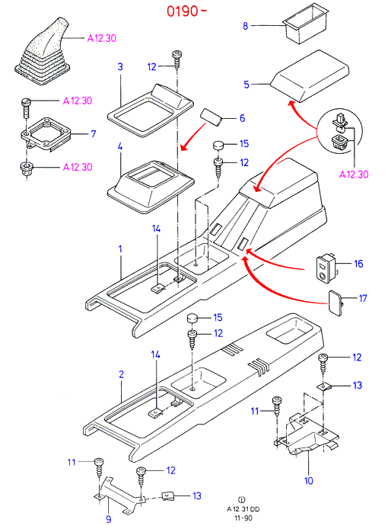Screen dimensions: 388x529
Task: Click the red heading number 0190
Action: (x=183, y=11)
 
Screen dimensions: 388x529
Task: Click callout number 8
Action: (x=245, y=26)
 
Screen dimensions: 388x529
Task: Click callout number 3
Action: (x=120, y=66)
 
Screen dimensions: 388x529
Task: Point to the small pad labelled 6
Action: (x=211, y=117)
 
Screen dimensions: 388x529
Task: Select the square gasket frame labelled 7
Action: (x=47, y=134)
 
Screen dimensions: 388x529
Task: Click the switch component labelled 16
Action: (x=326, y=268)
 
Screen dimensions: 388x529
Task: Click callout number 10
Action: (x=309, y=480)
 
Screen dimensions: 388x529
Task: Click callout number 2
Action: (x=121, y=374)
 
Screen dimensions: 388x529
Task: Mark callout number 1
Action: (x=120, y=249)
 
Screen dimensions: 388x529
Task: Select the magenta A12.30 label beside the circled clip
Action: (x=354, y=175)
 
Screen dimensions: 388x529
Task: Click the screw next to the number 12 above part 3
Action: (x=177, y=60)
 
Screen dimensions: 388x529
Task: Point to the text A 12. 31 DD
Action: (x=243, y=509)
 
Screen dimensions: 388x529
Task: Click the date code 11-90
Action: (x=243, y=518)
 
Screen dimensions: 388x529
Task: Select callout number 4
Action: (x=120, y=146)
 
